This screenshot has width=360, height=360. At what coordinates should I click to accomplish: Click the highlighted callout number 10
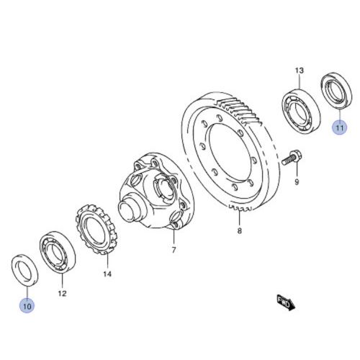click(x=27, y=306)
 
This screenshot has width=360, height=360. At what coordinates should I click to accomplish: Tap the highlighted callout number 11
click(x=339, y=127)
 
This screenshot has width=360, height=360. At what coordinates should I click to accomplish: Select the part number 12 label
click(x=62, y=293)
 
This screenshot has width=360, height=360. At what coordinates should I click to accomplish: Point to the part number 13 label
click(x=300, y=71)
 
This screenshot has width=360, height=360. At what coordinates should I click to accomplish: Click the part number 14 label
click(x=107, y=274)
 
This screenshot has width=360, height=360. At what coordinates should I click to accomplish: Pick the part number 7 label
click(x=174, y=250)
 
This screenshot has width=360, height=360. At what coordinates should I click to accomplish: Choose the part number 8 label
click(x=240, y=231)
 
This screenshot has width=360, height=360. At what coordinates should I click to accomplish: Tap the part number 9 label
click(x=297, y=182)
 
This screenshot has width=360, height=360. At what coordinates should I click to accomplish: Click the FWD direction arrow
click(x=286, y=302)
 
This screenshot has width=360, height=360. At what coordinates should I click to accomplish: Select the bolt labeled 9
click(x=292, y=158)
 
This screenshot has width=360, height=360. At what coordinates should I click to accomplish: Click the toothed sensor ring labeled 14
click(x=96, y=229)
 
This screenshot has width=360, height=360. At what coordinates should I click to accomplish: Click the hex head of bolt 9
click(x=297, y=156)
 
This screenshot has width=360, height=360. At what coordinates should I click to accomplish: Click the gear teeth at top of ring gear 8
click(x=240, y=110)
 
